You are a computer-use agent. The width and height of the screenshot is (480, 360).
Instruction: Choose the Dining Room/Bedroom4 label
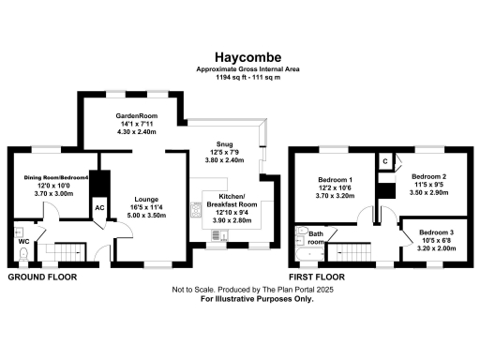coord(55,178)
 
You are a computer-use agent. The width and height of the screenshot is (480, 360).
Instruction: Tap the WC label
coord(24,240)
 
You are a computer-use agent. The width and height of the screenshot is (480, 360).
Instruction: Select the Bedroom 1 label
coord(335,179)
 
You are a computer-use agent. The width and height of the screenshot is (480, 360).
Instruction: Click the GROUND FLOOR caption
coord(43,277)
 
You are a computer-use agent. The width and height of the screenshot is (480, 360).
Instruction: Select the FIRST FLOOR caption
coord(318,277)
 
